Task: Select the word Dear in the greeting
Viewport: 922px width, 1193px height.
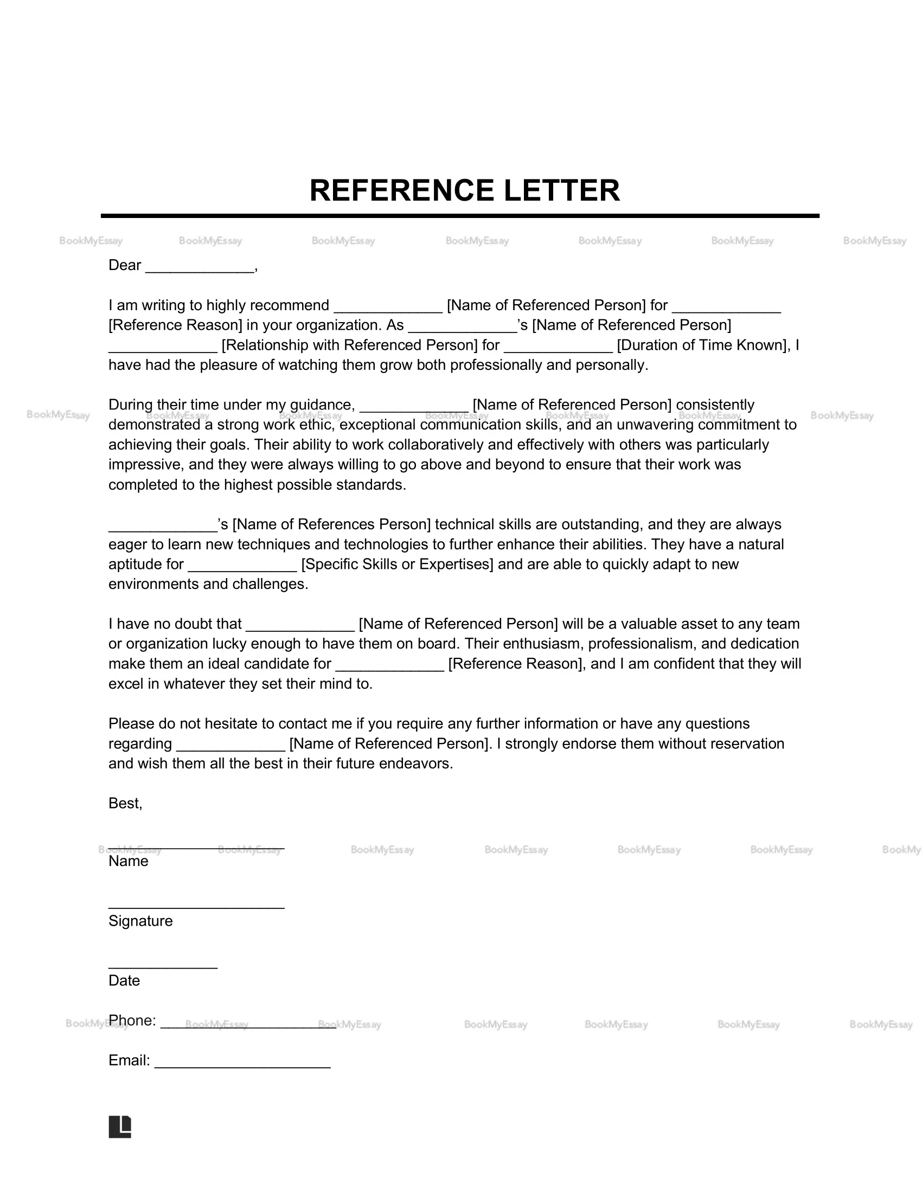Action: tap(125, 266)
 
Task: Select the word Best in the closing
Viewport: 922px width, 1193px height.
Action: tap(124, 803)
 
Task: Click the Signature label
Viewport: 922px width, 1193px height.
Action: tap(140, 921)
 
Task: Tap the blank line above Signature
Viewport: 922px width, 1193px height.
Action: tap(196, 907)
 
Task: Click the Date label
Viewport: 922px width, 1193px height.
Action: tap(124, 980)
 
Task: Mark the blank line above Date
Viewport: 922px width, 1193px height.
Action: tap(163, 967)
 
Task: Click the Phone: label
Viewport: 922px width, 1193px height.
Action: tap(132, 1021)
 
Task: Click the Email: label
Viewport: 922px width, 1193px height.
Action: tap(129, 1060)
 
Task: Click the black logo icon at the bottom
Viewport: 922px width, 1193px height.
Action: tap(120, 1126)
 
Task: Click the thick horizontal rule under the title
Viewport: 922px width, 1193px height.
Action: tap(460, 216)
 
